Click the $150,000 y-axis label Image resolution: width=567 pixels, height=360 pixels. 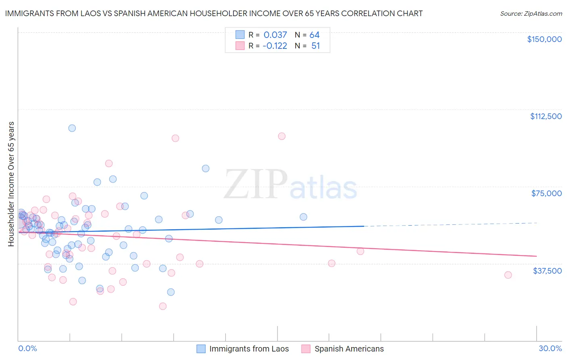click(544, 39)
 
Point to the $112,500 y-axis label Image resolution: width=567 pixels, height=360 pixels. click(546, 116)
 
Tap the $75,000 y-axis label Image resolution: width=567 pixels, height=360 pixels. click(546, 193)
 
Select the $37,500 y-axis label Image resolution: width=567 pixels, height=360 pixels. click(547, 271)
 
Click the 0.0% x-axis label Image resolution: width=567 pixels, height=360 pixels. click(27, 348)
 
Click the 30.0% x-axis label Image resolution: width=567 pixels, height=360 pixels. click(550, 348)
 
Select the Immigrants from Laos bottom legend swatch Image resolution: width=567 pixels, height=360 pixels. click(201, 349)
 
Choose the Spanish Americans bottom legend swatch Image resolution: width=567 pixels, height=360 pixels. click(306, 349)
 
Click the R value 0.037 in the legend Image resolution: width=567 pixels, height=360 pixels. click(275, 35)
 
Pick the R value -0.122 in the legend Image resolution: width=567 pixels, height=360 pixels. click(275, 46)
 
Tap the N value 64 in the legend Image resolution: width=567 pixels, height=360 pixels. click(315, 35)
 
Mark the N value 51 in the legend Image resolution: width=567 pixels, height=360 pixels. click(315, 46)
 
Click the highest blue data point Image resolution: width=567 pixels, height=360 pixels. click(72, 128)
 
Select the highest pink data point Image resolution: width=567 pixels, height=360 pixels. click(281, 136)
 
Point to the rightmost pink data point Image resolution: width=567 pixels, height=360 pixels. click(508, 275)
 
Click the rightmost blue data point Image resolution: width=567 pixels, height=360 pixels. click(303, 217)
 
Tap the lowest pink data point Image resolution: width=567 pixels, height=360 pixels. click(163, 306)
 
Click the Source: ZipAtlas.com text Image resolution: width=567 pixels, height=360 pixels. click(531, 14)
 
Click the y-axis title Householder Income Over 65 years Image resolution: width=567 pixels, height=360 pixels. click(11, 184)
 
